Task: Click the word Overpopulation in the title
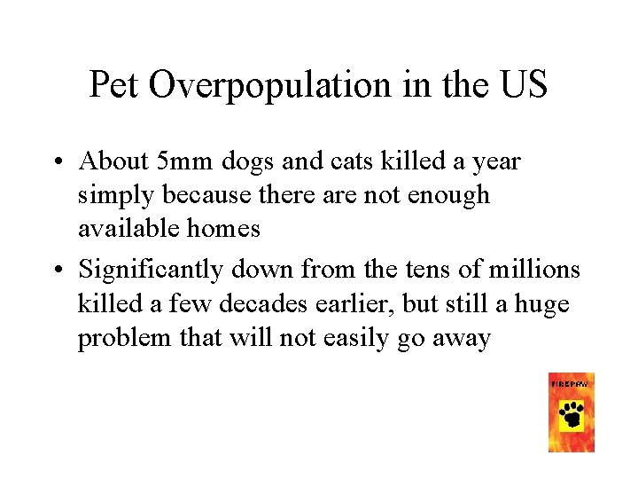coord(269,85)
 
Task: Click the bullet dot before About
coord(56,162)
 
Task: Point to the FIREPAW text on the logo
coord(572,383)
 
